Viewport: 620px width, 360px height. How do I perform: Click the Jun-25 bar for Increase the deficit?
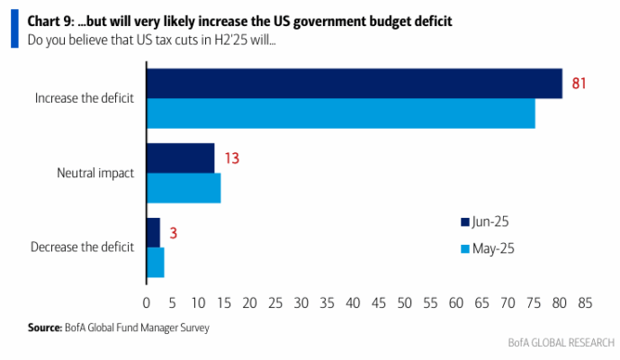[x=355, y=84]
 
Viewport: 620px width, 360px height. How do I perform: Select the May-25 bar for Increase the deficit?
[x=341, y=113]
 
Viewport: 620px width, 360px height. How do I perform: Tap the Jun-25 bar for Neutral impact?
[x=181, y=158]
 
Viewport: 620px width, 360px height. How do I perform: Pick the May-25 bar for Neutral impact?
[x=184, y=188]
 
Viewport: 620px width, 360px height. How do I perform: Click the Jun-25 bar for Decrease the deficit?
[x=153, y=232]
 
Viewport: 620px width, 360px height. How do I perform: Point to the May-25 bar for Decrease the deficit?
[x=156, y=263]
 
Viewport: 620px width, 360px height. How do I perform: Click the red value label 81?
[x=579, y=84]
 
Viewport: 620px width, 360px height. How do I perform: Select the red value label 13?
[x=232, y=158]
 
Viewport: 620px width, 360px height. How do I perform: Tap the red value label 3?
[x=173, y=233]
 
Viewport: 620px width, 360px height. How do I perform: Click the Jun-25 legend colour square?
[x=465, y=222]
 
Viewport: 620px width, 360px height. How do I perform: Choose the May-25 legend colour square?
[x=465, y=248]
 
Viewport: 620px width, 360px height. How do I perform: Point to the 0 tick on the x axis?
[x=147, y=303]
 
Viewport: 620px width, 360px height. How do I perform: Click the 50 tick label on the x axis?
[x=404, y=303]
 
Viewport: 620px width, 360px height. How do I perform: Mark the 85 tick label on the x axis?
[x=585, y=303]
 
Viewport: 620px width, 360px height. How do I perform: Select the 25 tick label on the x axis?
[x=275, y=303]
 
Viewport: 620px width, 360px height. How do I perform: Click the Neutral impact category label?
[x=95, y=174]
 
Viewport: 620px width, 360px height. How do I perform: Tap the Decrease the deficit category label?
[x=82, y=247]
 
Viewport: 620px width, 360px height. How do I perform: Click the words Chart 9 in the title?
[x=50, y=21]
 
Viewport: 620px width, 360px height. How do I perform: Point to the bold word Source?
[x=45, y=328]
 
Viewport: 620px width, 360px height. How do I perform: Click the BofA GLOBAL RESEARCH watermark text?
[x=562, y=343]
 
